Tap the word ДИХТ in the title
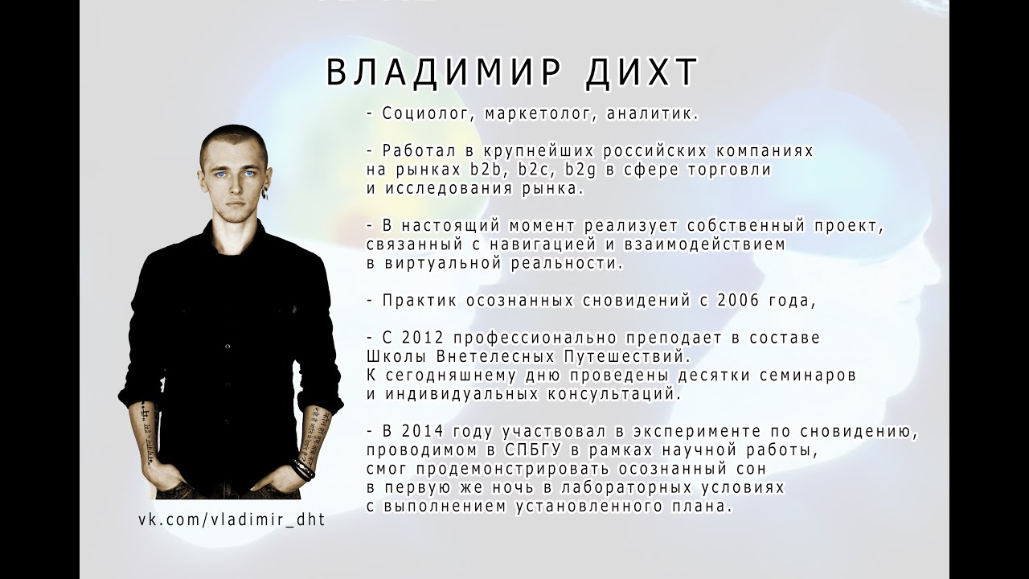tap(639, 73)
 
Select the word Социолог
tap(421, 114)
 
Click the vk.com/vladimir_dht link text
tap(232, 519)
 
